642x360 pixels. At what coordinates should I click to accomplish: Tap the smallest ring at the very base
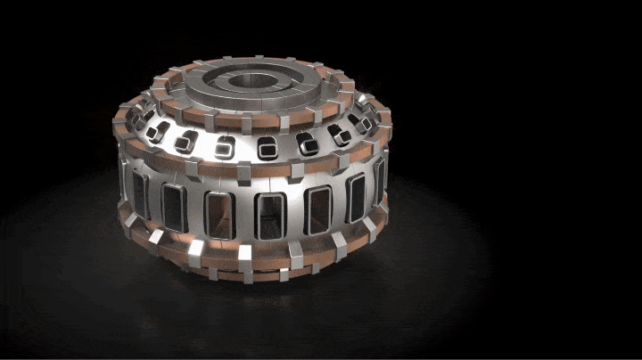coord(267,267)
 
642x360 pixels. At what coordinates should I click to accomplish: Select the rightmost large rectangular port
coord(378,179)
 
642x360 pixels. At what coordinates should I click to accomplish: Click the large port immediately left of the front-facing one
coord(218,214)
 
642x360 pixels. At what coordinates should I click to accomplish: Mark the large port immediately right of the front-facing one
coord(317,209)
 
